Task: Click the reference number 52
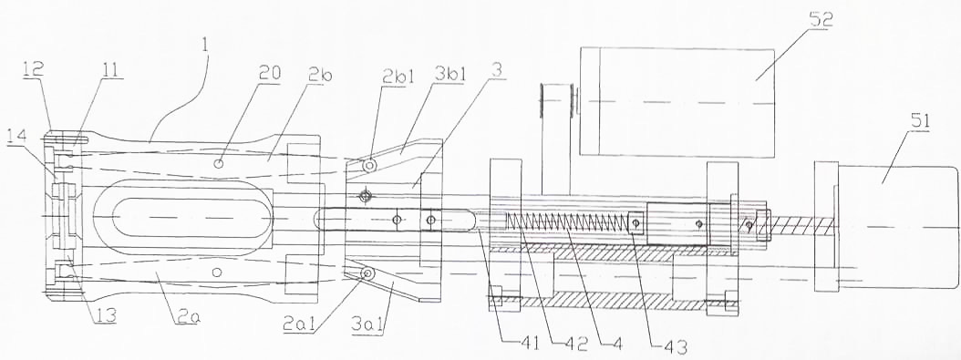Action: coord(820,19)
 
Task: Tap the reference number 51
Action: coord(919,121)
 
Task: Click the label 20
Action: coord(271,74)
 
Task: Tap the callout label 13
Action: coord(106,315)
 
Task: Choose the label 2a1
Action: coord(296,324)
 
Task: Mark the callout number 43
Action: coord(677,346)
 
